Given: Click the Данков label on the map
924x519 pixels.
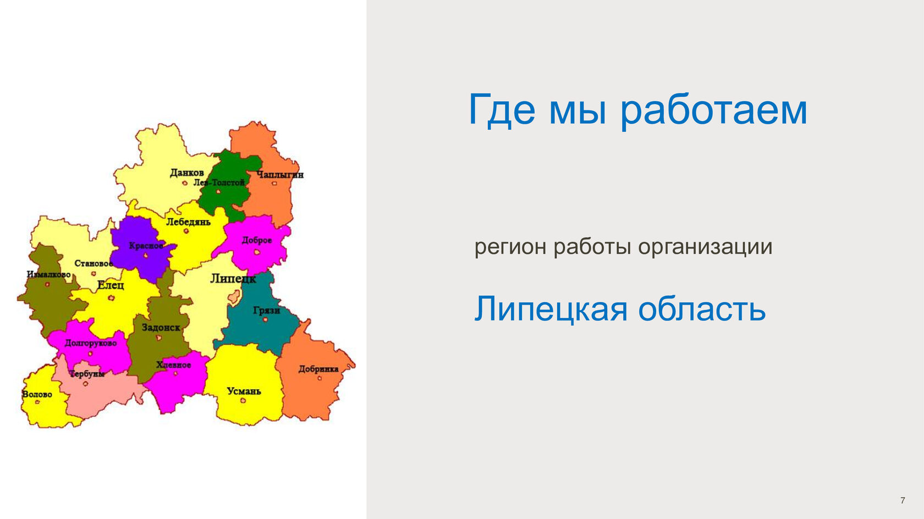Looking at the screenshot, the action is coord(187,172).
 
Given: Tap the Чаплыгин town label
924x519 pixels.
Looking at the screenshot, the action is coord(280,175).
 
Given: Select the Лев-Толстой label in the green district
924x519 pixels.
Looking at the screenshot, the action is coord(219,182).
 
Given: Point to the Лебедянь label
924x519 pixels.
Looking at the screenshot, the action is coord(188,222).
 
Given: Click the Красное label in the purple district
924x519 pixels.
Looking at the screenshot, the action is coord(146,246).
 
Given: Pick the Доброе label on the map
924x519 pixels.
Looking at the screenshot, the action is coord(256,240).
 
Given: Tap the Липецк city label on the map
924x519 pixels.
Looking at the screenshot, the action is coord(233,279).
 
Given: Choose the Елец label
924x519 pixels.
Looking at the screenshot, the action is coord(111,285).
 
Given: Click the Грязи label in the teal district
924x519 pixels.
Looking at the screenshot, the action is coord(266,311).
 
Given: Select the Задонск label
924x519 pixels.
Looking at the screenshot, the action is coord(161,328).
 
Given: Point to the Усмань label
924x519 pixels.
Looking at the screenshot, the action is coord(244,391).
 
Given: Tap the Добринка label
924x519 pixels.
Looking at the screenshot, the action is coord(318,369).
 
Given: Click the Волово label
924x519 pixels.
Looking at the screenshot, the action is coord(37,394).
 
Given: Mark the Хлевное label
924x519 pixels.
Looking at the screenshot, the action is coord(173,365).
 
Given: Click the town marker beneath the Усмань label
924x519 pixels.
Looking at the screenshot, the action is coord(243,400).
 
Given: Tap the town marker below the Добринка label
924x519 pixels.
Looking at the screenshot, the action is coord(319,378).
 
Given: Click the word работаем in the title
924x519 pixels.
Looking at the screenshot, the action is coord(714,111).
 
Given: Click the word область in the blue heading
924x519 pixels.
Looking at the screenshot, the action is coord(702,309).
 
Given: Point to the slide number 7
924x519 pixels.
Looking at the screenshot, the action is coord(903,500).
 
